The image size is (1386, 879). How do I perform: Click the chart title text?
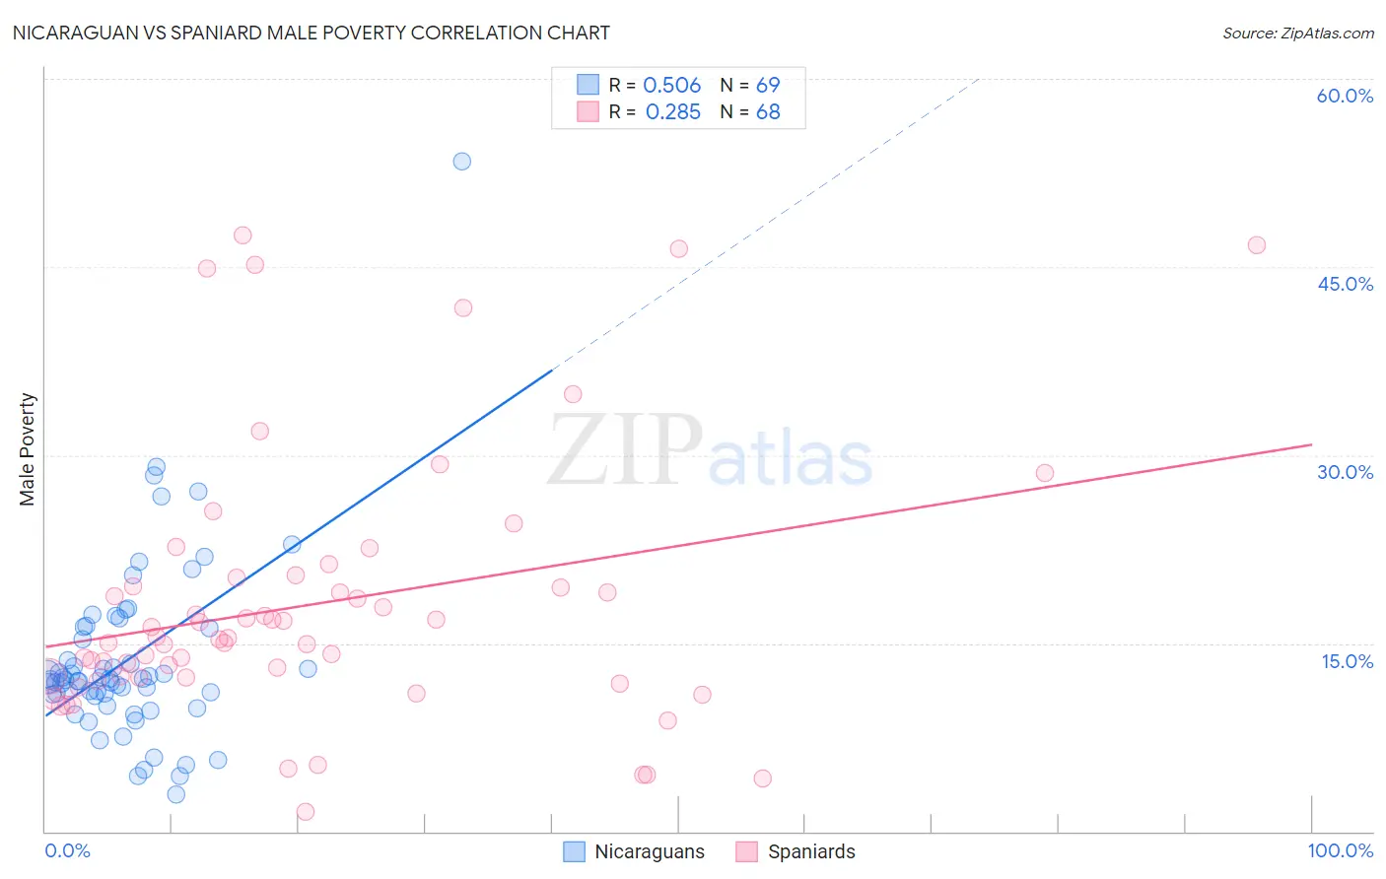pyautogui.click(x=311, y=33)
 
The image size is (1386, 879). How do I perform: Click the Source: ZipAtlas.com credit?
pyautogui.click(x=1297, y=33)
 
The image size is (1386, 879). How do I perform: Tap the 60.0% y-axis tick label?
pyautogui.click(x=1344, y=96)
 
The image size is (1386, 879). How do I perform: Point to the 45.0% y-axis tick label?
pyautogui.click(x=1345, y=284)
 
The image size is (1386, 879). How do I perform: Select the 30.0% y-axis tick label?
pyautogui.click(x=1345, y=472)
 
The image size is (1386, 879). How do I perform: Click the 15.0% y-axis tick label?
pyautogui.click(x=1347, y=661)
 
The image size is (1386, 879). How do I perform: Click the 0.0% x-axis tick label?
pyautogui.click(x=67, y=850)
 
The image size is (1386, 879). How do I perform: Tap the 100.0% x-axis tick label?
pyautogui.click(x=1340, y=850)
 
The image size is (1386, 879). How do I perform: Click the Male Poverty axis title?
pyautogui.click(x=28, y=449)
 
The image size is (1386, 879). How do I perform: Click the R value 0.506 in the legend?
pyautogui.click(x=671, y=86)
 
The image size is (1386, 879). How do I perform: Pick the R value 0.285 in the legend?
pyautogui.click(x=672, y=112)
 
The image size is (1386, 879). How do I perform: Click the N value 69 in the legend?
pyautogui.click(x=768, y=86)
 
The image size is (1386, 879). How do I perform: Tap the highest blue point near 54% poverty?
pyautogui.click(x=461, y=161)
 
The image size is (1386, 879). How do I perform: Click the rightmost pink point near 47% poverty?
pyautogui.click(x=1256, y=245)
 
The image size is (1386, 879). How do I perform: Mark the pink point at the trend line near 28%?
pyautogui.click(x=1044, y=473)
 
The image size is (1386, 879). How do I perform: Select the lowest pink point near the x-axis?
pyautogui.click(x=306, y=812)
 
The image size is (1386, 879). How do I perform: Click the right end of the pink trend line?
pyautogui.click(x=1311, y=444)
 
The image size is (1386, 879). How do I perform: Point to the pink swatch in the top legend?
pyautogui.click(x=588, y=111)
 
